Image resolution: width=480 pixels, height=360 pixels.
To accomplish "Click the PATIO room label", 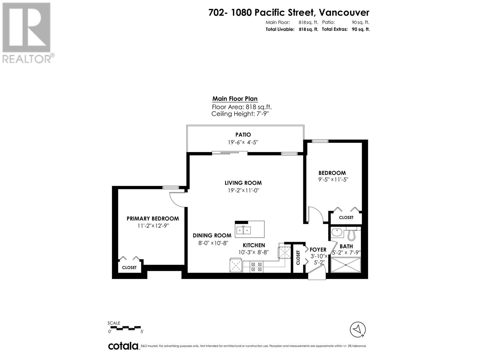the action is click(243, 135).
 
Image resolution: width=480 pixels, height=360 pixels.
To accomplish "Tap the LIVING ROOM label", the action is click(243, 183).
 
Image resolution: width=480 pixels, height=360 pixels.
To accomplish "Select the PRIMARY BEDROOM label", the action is click(153, 219).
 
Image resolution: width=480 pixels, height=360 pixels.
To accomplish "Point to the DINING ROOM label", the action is click(212, 235).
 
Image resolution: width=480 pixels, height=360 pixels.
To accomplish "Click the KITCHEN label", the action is click(254, 245).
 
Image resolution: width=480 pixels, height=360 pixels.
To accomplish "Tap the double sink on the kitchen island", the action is click(243, 230).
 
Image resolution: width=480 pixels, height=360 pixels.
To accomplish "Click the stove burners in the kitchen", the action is click(256, 267).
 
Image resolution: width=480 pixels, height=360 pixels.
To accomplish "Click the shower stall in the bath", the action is click(346, 265).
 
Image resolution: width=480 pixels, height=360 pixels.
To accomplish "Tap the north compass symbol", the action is click(358, 329).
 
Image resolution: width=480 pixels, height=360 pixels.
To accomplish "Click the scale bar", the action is click(125, 328).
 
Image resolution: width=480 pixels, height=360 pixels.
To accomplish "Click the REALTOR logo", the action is click(27, 33).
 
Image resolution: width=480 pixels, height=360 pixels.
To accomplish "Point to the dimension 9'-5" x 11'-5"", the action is click(333, 179).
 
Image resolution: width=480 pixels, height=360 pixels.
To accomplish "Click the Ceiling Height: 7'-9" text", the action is click(240, 114).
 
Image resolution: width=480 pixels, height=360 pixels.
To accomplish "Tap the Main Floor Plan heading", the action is click(235, 99).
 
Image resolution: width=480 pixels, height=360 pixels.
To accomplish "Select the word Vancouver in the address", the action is click(344, 13).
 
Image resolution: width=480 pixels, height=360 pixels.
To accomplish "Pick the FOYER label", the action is click(318, 250).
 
